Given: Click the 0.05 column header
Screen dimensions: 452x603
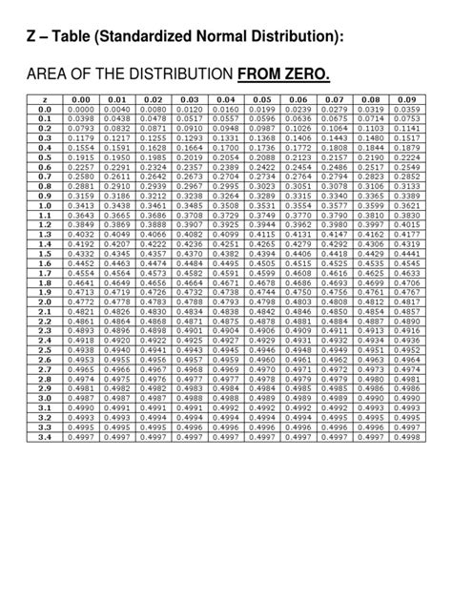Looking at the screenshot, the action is pos(262,99).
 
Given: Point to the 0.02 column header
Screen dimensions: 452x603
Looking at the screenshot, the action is pos(154,99).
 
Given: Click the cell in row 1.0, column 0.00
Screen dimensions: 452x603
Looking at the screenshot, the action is pos(81,206).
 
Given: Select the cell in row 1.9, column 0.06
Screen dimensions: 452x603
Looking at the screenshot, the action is pos(298,292).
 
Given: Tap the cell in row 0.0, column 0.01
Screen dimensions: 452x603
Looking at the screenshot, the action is pos(117,110).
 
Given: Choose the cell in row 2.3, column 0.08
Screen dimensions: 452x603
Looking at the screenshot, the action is pos(371,331).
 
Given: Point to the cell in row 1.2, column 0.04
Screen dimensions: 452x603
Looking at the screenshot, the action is pos(226,226).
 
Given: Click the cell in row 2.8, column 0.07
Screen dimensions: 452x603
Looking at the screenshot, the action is pos(335,380).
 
